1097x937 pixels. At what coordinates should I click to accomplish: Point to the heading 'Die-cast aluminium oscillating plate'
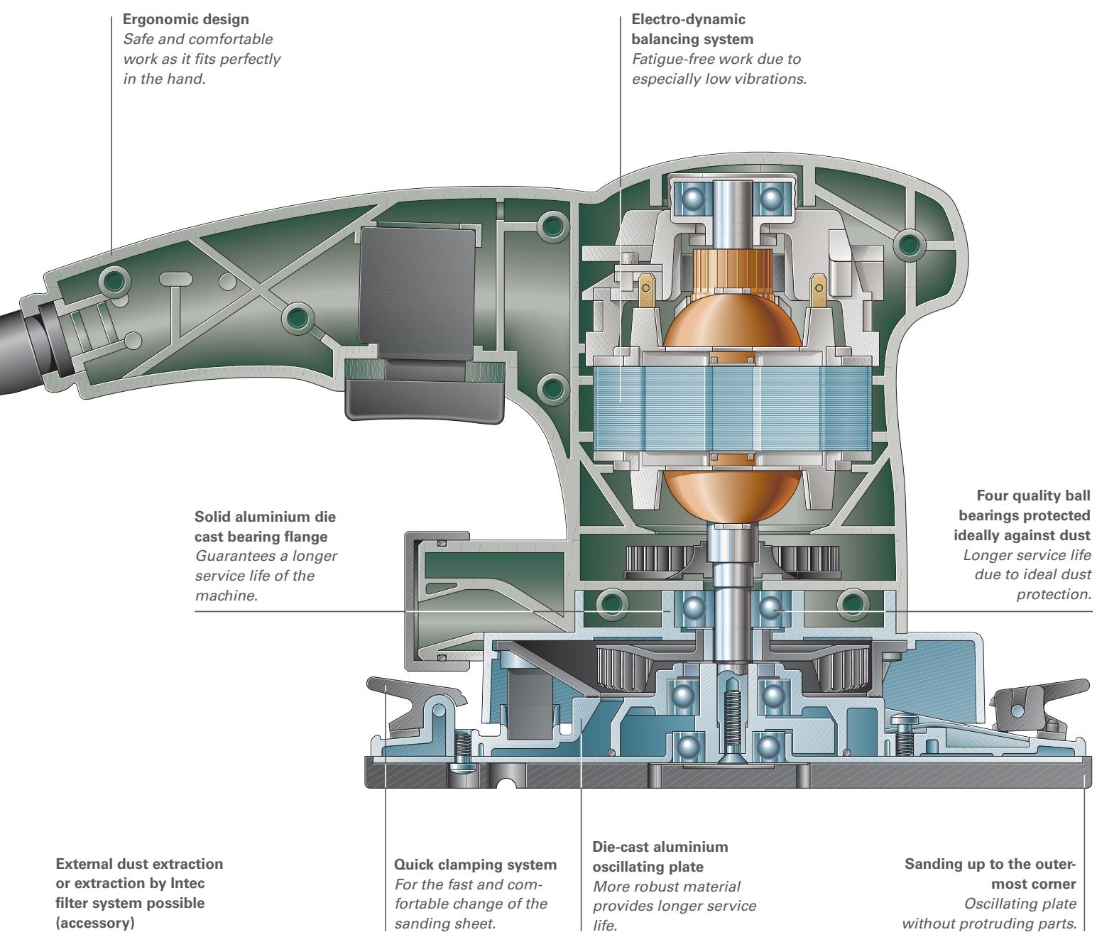coord(660,857)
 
